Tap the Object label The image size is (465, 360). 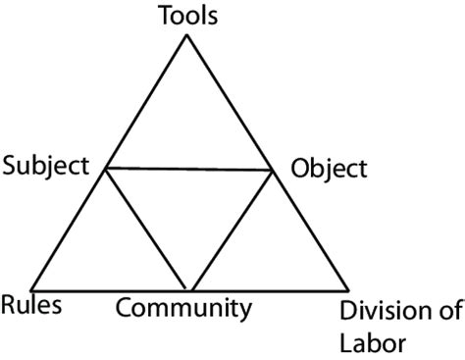(329, 168)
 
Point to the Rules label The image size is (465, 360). (31, 304)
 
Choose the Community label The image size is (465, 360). (183, 310)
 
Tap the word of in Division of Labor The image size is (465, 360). (447, 313)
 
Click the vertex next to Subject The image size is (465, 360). (106, 169)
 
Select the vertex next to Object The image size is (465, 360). (273, 170)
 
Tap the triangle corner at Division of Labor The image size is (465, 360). (348, 291)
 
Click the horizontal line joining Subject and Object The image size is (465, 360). (189, 170)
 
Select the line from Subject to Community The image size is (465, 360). (148, 231)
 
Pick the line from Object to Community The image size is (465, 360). (232, 231)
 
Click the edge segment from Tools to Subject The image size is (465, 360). (147, 103)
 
